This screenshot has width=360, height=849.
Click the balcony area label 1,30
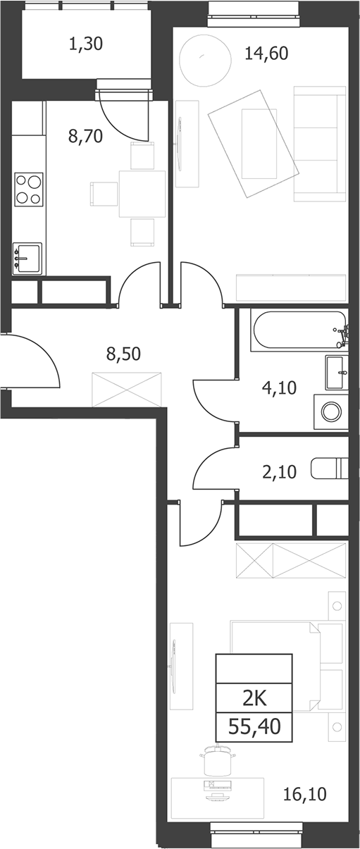coord(86,44)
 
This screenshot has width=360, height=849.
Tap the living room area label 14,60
coord(266,54)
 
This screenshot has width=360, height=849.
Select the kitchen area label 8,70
coord(86,136)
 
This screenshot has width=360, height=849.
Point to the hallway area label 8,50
coord(123,354)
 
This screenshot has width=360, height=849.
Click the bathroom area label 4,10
coord(279,388)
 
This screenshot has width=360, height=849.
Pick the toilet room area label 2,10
coord(279,472)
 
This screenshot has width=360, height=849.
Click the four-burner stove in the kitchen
coord(29,190)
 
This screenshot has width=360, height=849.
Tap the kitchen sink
coord(27,258)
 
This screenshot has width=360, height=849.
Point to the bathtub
coord(299,329)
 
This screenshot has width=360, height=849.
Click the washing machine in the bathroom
coord(331,411)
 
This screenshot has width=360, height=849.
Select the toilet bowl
coord(329,469)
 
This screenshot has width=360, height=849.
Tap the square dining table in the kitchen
coord(142,194)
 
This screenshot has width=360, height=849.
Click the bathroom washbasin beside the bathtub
coord(337,373)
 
